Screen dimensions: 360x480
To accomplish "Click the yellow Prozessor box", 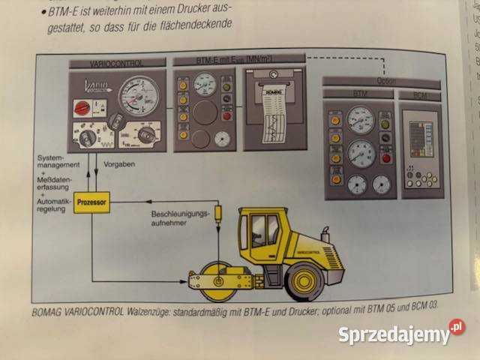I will [x=92, y=202].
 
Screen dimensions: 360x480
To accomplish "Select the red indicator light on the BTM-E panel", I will [x=226, y=115].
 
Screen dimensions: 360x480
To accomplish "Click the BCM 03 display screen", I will [x=419, y=135].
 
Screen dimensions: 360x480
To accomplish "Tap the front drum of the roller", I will [x=215, y=279].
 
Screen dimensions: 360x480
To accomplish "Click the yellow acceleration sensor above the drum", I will [x=218, y=214].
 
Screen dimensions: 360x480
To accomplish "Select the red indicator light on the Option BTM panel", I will [x=387, y=157].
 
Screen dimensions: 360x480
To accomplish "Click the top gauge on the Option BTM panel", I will [x=361, y=119].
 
